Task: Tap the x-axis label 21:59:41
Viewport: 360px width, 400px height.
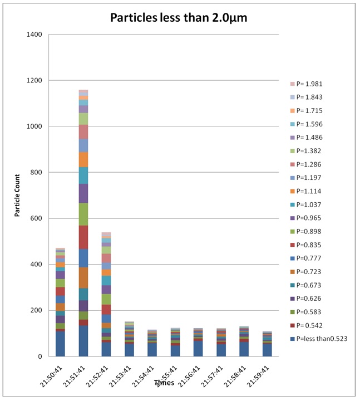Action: pyautogui.click(x=265, y=374)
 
